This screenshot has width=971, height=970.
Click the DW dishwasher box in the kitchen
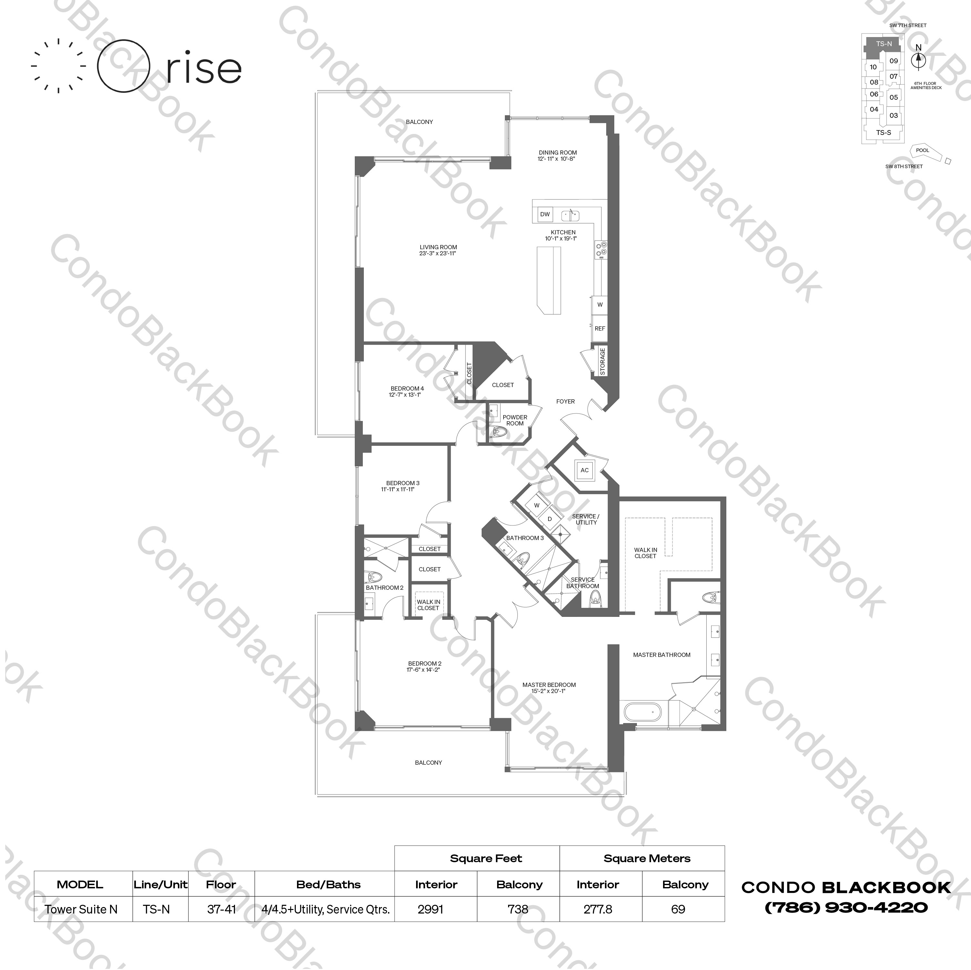click(x=545, y=214)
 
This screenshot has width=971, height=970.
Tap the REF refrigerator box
click(x=599, y=328)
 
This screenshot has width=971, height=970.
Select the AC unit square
click(x=585, y=470)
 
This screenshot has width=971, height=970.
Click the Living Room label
click(x=438, y=247)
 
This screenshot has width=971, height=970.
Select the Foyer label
click(x=566, y=401)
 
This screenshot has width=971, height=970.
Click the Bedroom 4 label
click(x=407, y=389)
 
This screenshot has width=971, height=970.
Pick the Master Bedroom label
click(x=549, y=685)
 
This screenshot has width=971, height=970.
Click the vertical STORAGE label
click(x=603, y=361)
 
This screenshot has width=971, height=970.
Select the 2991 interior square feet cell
click(x=430, y=909)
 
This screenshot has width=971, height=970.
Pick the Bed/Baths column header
click(x=329, y=884)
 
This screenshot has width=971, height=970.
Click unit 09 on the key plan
click(x=893, y=61)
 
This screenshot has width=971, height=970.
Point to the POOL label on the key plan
click(x=922, y=150)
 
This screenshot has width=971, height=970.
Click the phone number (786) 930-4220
click(x=846, y=907)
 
